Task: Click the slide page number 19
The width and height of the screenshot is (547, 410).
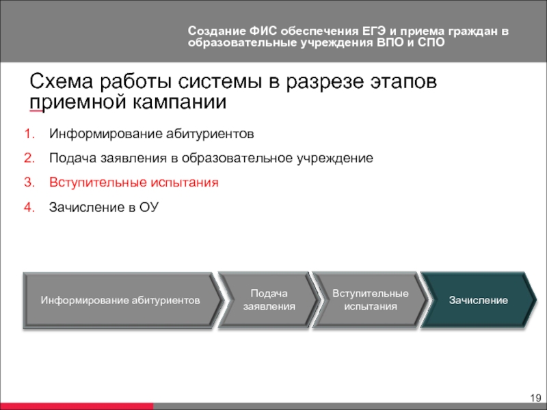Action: pos(535,398)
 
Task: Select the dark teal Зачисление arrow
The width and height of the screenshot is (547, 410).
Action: pos(479,300)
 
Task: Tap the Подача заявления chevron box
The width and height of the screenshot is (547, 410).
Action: pos(269,300)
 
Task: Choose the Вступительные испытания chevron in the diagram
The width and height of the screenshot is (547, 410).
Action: pos(370,300)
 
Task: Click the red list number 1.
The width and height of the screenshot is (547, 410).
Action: pos(29,134)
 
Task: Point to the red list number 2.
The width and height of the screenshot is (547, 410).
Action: pos(29,159)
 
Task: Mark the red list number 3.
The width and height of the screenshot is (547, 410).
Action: pos(29,182)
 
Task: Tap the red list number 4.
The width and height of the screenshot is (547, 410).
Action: pos(29,207)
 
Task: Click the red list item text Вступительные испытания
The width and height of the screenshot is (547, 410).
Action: pos(134,182)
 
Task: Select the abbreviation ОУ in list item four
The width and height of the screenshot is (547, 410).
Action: pos(149,207)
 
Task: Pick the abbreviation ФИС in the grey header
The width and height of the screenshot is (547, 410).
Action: pos(263,31)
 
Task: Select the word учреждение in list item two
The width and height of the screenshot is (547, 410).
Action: pos(335,159)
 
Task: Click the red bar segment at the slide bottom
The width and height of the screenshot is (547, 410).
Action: pos(77,407)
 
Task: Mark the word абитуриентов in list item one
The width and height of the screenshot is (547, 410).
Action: pos(210,134)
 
